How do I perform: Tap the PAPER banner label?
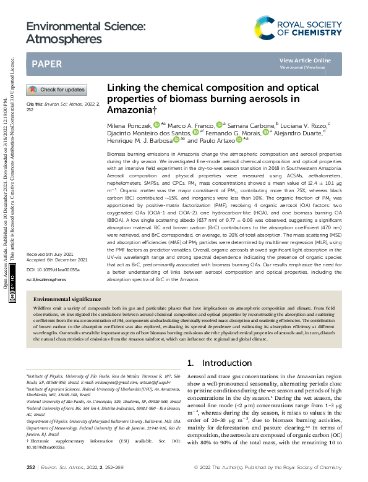pyautogui.click(x=47, y=64)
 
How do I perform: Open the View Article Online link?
pyautogui.click(x=305, y=60)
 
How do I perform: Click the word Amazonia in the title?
pyautogui.click(x=129, y=109)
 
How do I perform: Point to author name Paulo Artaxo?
pyautogui.click(x=218, y=140)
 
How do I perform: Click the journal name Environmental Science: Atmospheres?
pyautogui.click(x=86, y=33)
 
